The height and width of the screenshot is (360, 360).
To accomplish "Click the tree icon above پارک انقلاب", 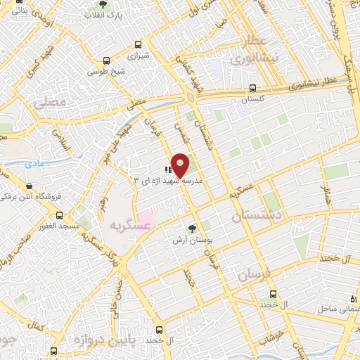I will [104, 4].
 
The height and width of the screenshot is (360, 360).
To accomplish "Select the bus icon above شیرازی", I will [136, 41].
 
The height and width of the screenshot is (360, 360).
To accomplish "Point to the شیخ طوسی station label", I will [107, 71].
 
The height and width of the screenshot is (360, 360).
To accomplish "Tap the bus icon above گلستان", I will [252, 89].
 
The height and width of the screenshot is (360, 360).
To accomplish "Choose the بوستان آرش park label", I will [193, 240].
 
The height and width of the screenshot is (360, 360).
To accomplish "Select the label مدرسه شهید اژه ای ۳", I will [168, 181].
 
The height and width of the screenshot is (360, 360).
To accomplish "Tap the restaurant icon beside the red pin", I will [168, 169].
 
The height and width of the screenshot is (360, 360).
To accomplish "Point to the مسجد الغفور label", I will [59, 225].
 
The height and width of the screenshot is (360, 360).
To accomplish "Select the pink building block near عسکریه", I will [145, 217].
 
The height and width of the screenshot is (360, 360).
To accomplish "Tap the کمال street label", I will [34, 329].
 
